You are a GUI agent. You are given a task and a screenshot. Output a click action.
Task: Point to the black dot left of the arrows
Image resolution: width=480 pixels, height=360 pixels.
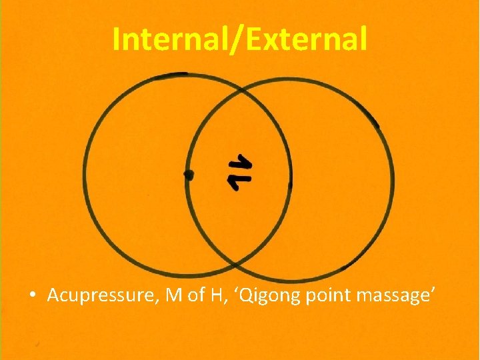[189, 175]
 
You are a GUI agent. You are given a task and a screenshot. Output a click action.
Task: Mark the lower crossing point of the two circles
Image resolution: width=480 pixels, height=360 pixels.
[238, 262]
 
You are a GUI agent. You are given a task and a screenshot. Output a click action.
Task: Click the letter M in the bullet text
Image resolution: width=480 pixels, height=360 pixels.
[173, 295]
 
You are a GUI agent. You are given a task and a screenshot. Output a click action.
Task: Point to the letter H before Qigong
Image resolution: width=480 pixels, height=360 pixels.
[215, 295]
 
